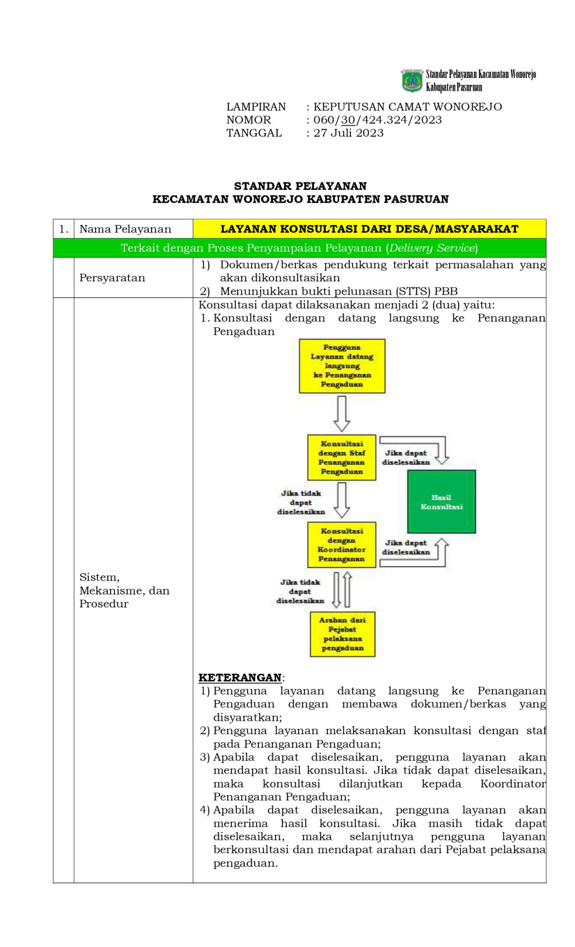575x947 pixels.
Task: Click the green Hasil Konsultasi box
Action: coord(441,501)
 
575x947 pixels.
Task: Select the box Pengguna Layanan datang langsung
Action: coord(342,365)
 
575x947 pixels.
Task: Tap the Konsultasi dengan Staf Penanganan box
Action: coord(341,457)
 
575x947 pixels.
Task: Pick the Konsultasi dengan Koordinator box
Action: coord(341,545)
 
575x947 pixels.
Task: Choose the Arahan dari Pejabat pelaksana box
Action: coord(343,634)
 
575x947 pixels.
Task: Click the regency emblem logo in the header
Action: coord(412,81)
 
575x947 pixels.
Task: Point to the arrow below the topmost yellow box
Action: coord(341,413)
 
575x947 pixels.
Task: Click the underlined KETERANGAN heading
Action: coord(240,678)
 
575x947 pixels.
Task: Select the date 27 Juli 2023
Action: coord(348,133)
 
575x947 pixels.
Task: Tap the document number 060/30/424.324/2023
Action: coord(377,120)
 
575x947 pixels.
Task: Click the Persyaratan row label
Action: coord(112,278)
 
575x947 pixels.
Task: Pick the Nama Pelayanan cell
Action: coord(125,229)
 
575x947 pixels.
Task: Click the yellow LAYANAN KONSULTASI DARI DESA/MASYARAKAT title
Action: coord(369,229)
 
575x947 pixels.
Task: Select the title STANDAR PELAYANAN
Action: coord(300,186)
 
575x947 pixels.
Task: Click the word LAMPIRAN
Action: coord(255,107)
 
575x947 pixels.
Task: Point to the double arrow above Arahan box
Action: coord(341,589)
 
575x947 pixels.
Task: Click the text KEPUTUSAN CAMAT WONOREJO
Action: coord(407,107)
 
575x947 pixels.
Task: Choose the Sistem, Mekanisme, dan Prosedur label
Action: coord(124,591)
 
